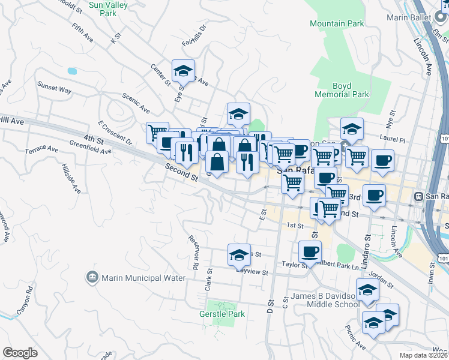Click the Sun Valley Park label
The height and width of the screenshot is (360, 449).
click(102, 8)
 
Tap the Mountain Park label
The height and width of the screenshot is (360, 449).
click(337, 24)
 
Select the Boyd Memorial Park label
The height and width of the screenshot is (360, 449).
click(342, 91)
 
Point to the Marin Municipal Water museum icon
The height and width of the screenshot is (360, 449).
click(92, 277)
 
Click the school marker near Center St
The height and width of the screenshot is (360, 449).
click(184, 71)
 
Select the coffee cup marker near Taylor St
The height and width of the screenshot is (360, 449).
click(310, 251)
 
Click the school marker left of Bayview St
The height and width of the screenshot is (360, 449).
click(239, 255)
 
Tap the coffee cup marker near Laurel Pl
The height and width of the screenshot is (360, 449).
click(382, 160)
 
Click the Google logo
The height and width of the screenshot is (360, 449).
click(20, 353)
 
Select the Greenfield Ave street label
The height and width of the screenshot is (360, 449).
click(90, 147)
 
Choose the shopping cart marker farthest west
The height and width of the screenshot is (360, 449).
click(157, 132)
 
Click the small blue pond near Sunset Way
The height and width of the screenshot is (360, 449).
click(72, 71)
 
